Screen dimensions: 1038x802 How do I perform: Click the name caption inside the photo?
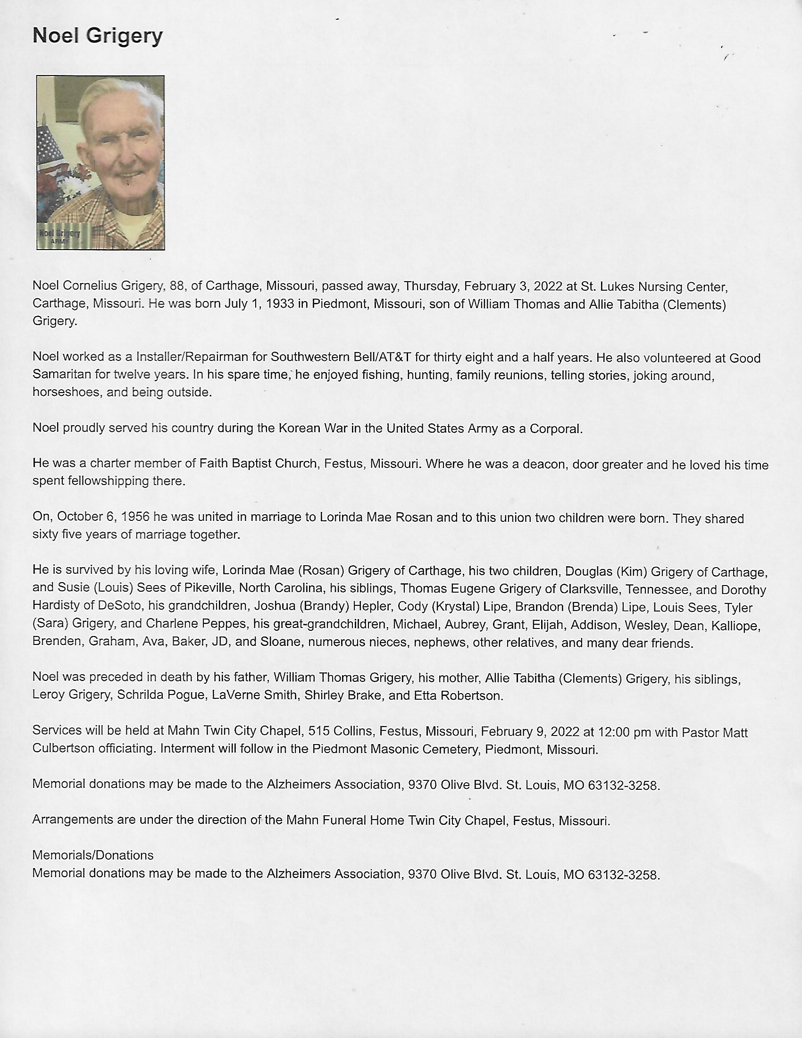pyautogui.click(x=60, y=234)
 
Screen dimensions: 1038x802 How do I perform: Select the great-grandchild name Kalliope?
pyautogui.click(x=735, y=626)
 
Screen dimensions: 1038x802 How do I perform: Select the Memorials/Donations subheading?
pyautogui.click(x=92, y=855)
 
